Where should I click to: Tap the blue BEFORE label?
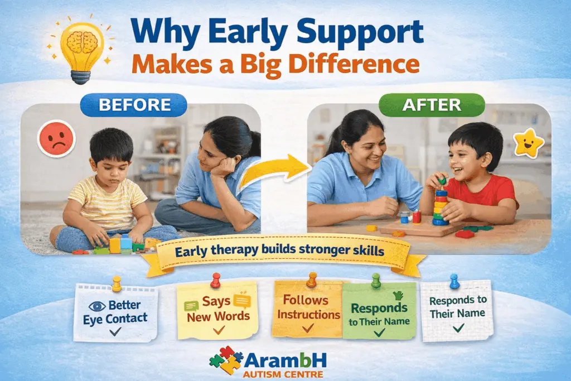click(133, 105)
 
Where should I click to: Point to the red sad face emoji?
click(56, 138)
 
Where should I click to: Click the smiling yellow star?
click(528, 144)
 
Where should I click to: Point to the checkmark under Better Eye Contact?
click(116, 331)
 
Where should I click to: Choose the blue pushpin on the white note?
click(454, 281)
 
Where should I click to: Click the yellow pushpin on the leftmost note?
click(117, 283)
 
